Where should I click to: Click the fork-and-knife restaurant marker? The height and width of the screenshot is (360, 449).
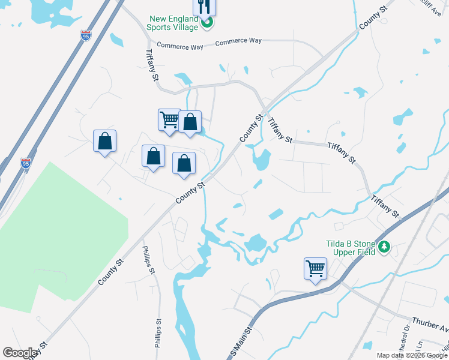(x=204, y=7)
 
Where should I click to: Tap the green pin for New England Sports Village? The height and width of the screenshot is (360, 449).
(x=207, y=23)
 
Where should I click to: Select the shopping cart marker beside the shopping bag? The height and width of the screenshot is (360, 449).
(x=169, y=119)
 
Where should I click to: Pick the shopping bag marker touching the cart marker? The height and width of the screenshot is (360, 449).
(x=190, y=122)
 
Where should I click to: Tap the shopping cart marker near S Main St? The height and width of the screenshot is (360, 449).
(x=316, y=269)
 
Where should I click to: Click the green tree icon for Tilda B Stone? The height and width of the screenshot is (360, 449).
(x=384, y=246)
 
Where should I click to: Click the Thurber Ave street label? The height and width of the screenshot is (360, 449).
(x=430, y=325)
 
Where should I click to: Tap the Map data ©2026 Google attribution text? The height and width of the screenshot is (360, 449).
(x=412, y=355)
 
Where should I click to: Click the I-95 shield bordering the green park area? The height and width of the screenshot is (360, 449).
(x=25, y=163)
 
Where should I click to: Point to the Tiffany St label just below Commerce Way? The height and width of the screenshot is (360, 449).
(x=151, y=64)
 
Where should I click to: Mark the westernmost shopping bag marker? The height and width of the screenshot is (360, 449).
(x=105, y=142)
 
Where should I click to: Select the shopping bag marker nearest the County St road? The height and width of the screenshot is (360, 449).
(x=184, y=163)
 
